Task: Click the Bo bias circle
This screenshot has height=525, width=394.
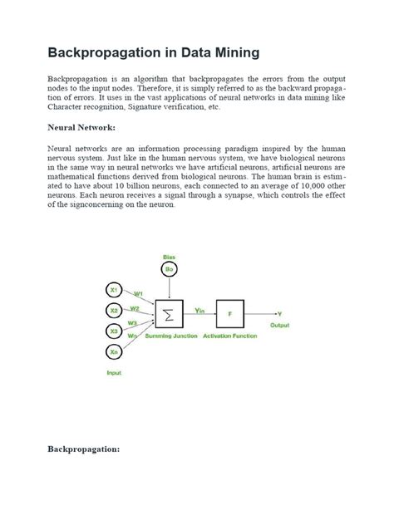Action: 169,270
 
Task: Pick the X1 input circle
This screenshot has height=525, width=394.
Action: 114,290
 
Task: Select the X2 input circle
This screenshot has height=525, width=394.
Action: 114,311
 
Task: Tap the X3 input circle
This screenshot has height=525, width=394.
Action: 114,331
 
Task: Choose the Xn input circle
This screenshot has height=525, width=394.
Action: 114,352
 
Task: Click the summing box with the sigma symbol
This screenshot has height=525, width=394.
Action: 170,314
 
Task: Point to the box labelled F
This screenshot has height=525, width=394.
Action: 229,314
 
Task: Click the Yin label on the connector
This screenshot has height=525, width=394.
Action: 199,309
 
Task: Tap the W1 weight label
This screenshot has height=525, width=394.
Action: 138,292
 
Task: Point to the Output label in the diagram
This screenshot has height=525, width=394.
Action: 279,325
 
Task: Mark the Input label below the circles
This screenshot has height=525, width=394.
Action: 114,373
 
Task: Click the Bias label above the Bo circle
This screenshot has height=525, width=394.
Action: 169,256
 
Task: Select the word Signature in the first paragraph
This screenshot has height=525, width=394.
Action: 159,107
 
